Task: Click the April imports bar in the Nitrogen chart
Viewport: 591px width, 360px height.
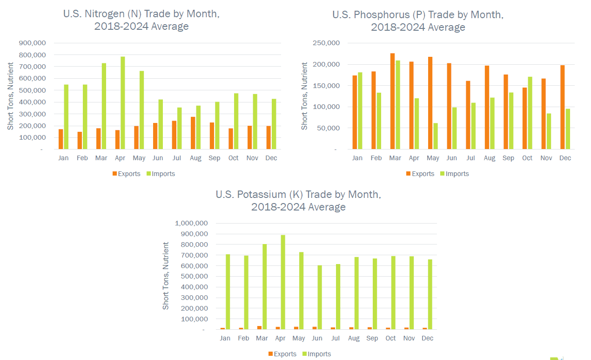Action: [123, 103]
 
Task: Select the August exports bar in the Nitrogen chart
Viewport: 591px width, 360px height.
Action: [193, 133]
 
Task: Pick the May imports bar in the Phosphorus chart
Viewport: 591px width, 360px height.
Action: [436, 136]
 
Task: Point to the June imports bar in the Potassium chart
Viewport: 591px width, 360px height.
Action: [320, 298]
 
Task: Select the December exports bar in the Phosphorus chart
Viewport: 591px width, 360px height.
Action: [563, 107]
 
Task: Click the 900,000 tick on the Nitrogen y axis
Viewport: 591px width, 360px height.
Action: [32, 43]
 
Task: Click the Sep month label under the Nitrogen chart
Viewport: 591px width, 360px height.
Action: [215, 158]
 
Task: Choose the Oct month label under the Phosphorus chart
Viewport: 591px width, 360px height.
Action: [527, 158]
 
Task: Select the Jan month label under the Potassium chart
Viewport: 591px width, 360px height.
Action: [225, 339]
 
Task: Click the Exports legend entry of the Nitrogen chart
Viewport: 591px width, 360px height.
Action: [126, 174]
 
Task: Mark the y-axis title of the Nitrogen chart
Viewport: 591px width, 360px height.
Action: [10, 96]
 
